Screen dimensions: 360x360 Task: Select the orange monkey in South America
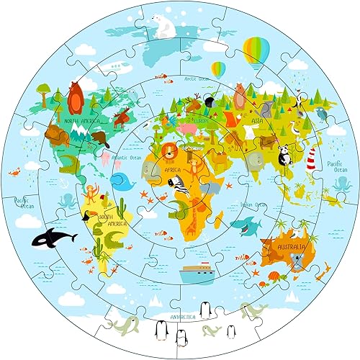(91, 193)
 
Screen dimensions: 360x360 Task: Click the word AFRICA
(174, 171)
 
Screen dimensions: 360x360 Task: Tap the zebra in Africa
(181, 186)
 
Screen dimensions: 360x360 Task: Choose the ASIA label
(257, 121)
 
